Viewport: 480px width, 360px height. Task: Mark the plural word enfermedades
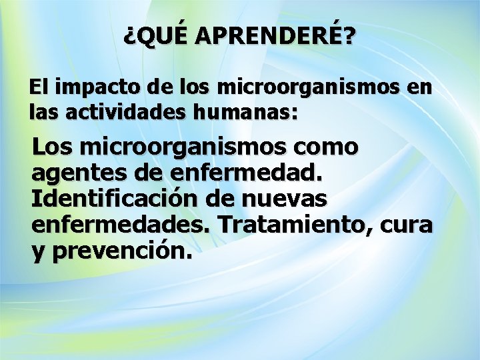[x=121, y=225]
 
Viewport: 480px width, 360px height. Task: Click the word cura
[x=406, y=225]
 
